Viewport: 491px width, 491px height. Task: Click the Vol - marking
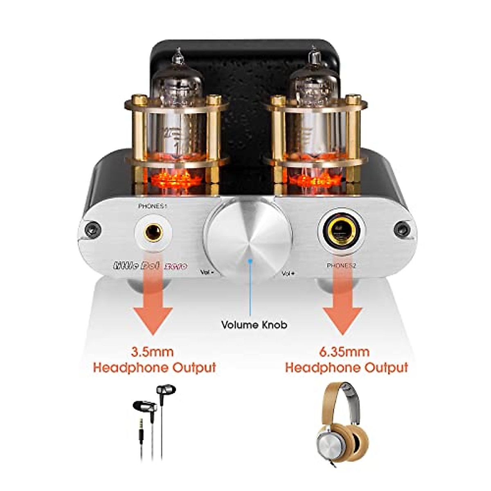click(x=207, y=271)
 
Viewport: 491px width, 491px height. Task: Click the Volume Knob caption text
click(x=254, y=325)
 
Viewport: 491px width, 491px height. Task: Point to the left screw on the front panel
click(x=92, y=229)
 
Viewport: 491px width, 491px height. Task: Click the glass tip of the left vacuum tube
click(x=178, y=56)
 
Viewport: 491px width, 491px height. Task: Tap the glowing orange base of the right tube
click(x=313, y=180)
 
